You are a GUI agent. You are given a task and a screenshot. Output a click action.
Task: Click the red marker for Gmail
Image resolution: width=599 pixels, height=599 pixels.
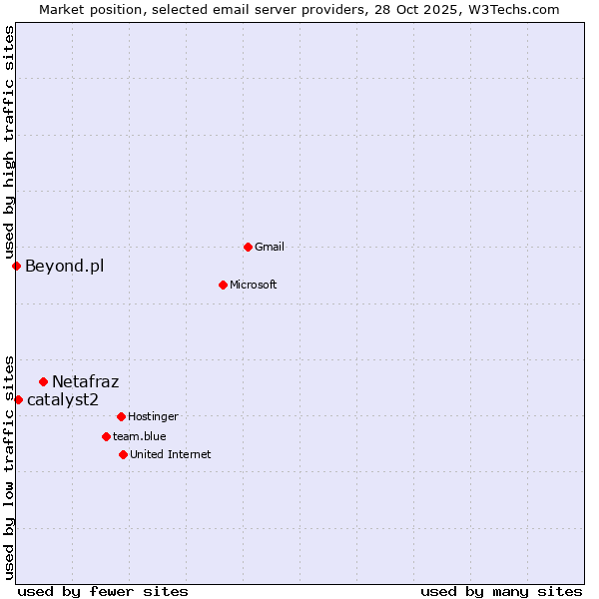click(248, 247)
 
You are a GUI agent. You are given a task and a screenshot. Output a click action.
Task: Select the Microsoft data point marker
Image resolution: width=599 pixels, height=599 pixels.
click(224, 285)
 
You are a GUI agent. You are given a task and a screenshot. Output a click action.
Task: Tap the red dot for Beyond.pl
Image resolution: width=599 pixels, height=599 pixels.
click(16, 266)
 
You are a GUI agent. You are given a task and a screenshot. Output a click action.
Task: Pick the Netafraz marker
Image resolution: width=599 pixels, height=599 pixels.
click(43, 381)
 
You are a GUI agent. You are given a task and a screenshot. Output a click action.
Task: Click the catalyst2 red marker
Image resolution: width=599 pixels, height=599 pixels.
click(18, 399)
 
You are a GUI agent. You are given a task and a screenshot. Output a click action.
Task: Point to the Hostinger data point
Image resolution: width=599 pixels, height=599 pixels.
click(121, 416)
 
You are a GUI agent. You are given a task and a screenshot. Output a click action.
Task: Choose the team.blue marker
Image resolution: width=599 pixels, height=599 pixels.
click(106, 436)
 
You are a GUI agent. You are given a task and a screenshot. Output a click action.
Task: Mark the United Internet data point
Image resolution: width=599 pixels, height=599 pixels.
click(123, 454)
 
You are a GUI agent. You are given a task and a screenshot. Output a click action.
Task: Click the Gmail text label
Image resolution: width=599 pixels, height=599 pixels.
click(270, 247)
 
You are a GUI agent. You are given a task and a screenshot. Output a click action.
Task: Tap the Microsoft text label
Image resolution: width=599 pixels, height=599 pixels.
click(254, 285)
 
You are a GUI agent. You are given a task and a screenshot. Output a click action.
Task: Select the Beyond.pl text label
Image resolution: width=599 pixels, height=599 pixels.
click(64, 266)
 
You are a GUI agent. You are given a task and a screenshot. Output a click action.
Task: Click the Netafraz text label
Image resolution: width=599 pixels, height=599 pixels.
click(85, 381)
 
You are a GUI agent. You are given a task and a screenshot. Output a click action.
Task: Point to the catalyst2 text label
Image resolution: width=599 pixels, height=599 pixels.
click(63, 399)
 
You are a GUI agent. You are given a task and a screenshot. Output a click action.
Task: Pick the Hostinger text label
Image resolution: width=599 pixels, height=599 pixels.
click(153, 416)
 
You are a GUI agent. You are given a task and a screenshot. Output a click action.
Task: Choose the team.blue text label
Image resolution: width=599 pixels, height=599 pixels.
click(140, 436)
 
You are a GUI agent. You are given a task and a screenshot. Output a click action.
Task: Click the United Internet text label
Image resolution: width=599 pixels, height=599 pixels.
click(171, 454)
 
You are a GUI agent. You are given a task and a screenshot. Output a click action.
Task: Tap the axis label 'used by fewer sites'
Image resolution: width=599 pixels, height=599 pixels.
click(103, 591)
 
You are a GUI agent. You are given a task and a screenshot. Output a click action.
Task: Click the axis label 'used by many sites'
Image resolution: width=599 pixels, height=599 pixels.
click(501, 591)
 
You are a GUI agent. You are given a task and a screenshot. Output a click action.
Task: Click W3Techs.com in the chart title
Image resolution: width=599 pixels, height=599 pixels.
click(513, 9)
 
